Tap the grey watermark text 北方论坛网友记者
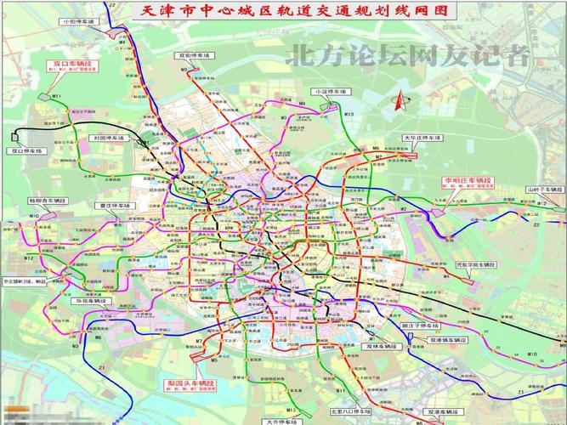tap(411, 55)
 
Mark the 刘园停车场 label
tap(108, 137)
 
